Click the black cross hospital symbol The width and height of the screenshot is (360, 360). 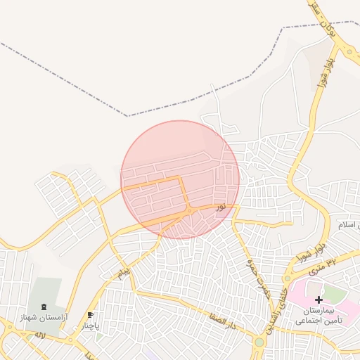tap(319, 300)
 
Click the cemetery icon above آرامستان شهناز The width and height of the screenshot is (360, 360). tap(45, 307)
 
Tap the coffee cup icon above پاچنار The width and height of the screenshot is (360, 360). tap(90, 314)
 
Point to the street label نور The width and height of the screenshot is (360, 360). tap(221, 207)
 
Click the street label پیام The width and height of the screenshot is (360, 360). tap(124, 271)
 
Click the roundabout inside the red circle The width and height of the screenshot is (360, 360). tap(189, 210)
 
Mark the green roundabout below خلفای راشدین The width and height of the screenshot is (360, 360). tap(259, 342)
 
